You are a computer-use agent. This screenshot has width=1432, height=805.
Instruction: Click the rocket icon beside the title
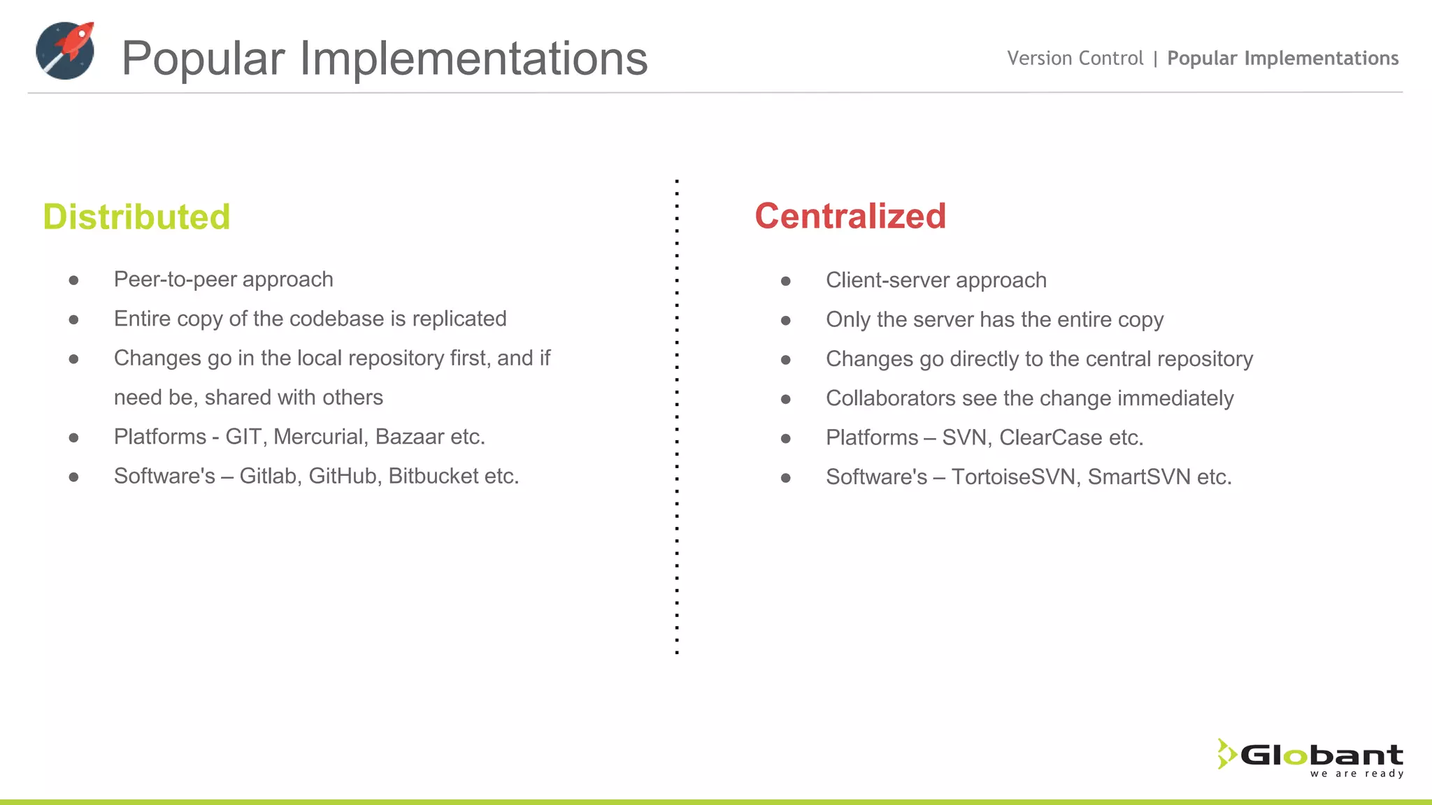(65, 50)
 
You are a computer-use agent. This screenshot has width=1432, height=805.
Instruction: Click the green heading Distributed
(136, 217)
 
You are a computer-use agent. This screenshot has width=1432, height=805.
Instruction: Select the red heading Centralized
(850, 216)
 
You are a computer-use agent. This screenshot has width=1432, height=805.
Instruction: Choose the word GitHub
(343, 476)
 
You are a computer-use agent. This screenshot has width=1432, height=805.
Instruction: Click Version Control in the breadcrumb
(1075, 58)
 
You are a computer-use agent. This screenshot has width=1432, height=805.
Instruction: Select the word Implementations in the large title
(473, 58)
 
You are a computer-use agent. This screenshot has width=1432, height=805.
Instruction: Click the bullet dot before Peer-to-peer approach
(73, 281)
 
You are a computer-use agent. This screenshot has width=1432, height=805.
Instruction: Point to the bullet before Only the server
(786, 321)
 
